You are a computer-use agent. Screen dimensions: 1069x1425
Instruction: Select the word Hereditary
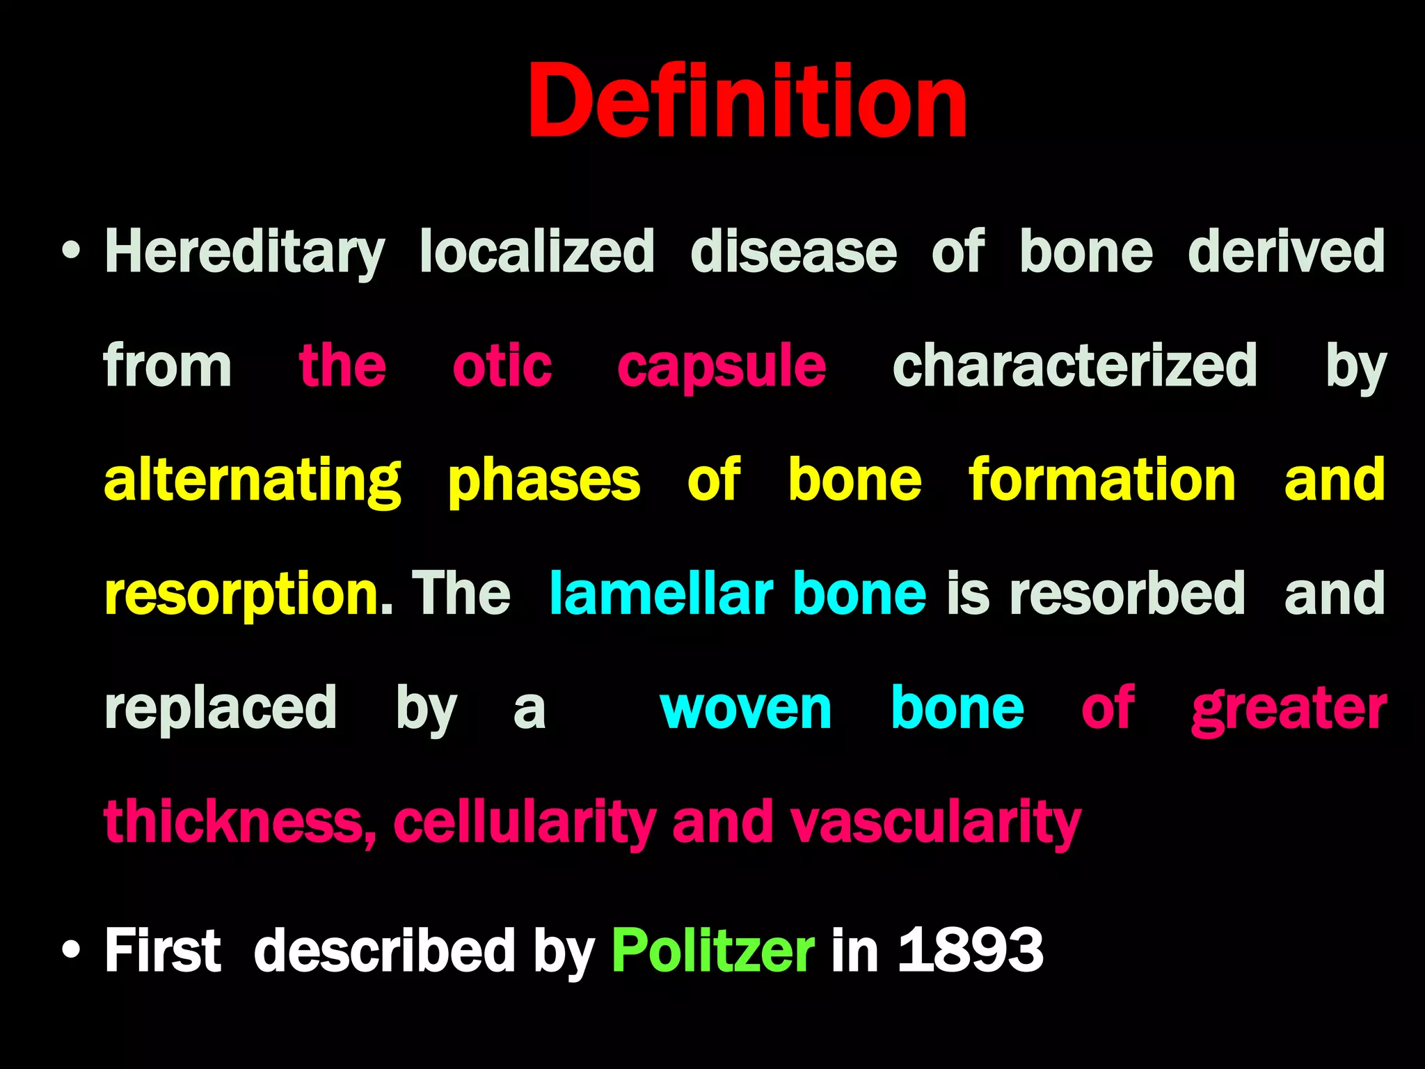(x=244, y=252)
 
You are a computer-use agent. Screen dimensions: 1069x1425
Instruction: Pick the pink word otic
(x=502, y=366)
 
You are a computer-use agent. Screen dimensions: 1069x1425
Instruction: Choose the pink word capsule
(x=722, y=367)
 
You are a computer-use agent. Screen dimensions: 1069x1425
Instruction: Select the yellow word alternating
(x=253, y=482)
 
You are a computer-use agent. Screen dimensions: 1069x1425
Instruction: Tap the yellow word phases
(x=543, y=482)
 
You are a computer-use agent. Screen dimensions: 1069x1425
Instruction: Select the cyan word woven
(x=746, y=709)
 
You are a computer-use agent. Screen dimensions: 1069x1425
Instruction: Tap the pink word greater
(x=1289, y=709)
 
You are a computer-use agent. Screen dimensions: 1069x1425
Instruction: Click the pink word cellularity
(x=525, y=823)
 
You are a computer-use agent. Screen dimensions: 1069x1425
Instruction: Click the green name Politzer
(x=713, y=951)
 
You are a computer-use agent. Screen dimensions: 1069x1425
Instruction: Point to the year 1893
(x=971, y=951)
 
